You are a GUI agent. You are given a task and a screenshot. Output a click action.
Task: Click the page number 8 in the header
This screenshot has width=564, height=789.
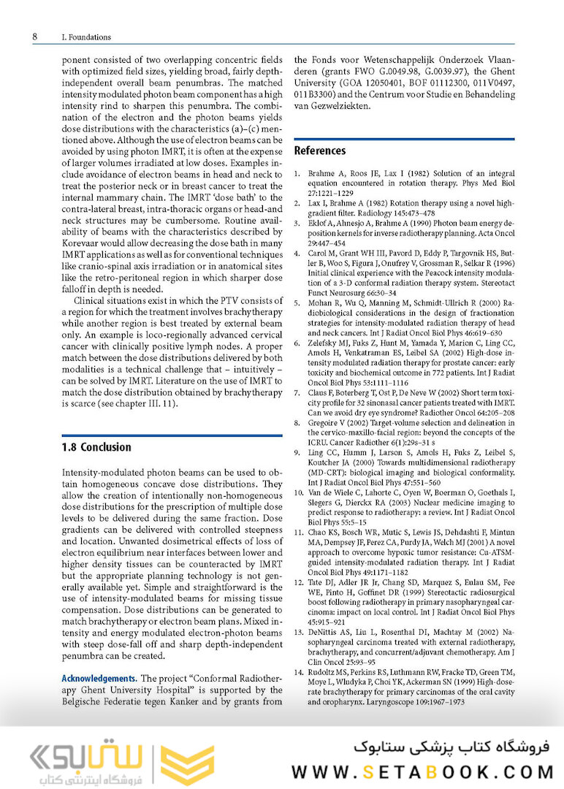click(x=35, y=37)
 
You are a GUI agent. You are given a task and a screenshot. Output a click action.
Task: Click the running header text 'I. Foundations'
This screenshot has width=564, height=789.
click(x=87, y=37)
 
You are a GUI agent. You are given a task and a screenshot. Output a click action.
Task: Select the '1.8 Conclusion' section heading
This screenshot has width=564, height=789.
click(x=96, y=447)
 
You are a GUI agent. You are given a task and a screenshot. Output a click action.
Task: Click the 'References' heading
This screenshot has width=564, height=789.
click(x=319, y=150)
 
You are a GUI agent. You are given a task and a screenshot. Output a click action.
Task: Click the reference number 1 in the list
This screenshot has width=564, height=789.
click(x=297, y=175)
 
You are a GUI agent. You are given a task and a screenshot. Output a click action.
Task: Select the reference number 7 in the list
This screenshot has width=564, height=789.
click(x=297, y=392)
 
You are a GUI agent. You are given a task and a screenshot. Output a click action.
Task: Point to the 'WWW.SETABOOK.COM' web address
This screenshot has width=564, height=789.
click(x=422, y=771)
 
